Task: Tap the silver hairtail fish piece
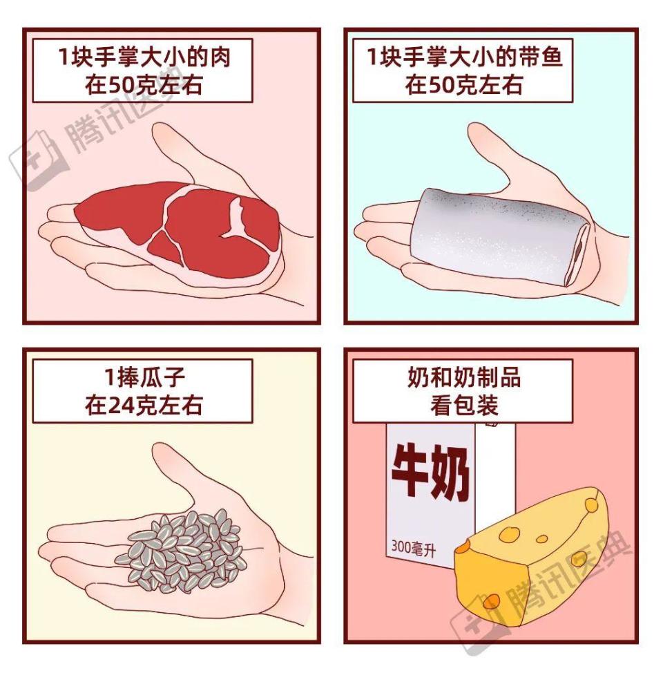[x=490, y=235]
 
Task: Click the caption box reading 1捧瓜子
[x=142, y=390]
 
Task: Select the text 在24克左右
[x=144, y=404]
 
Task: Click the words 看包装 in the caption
[x=463, y=405]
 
